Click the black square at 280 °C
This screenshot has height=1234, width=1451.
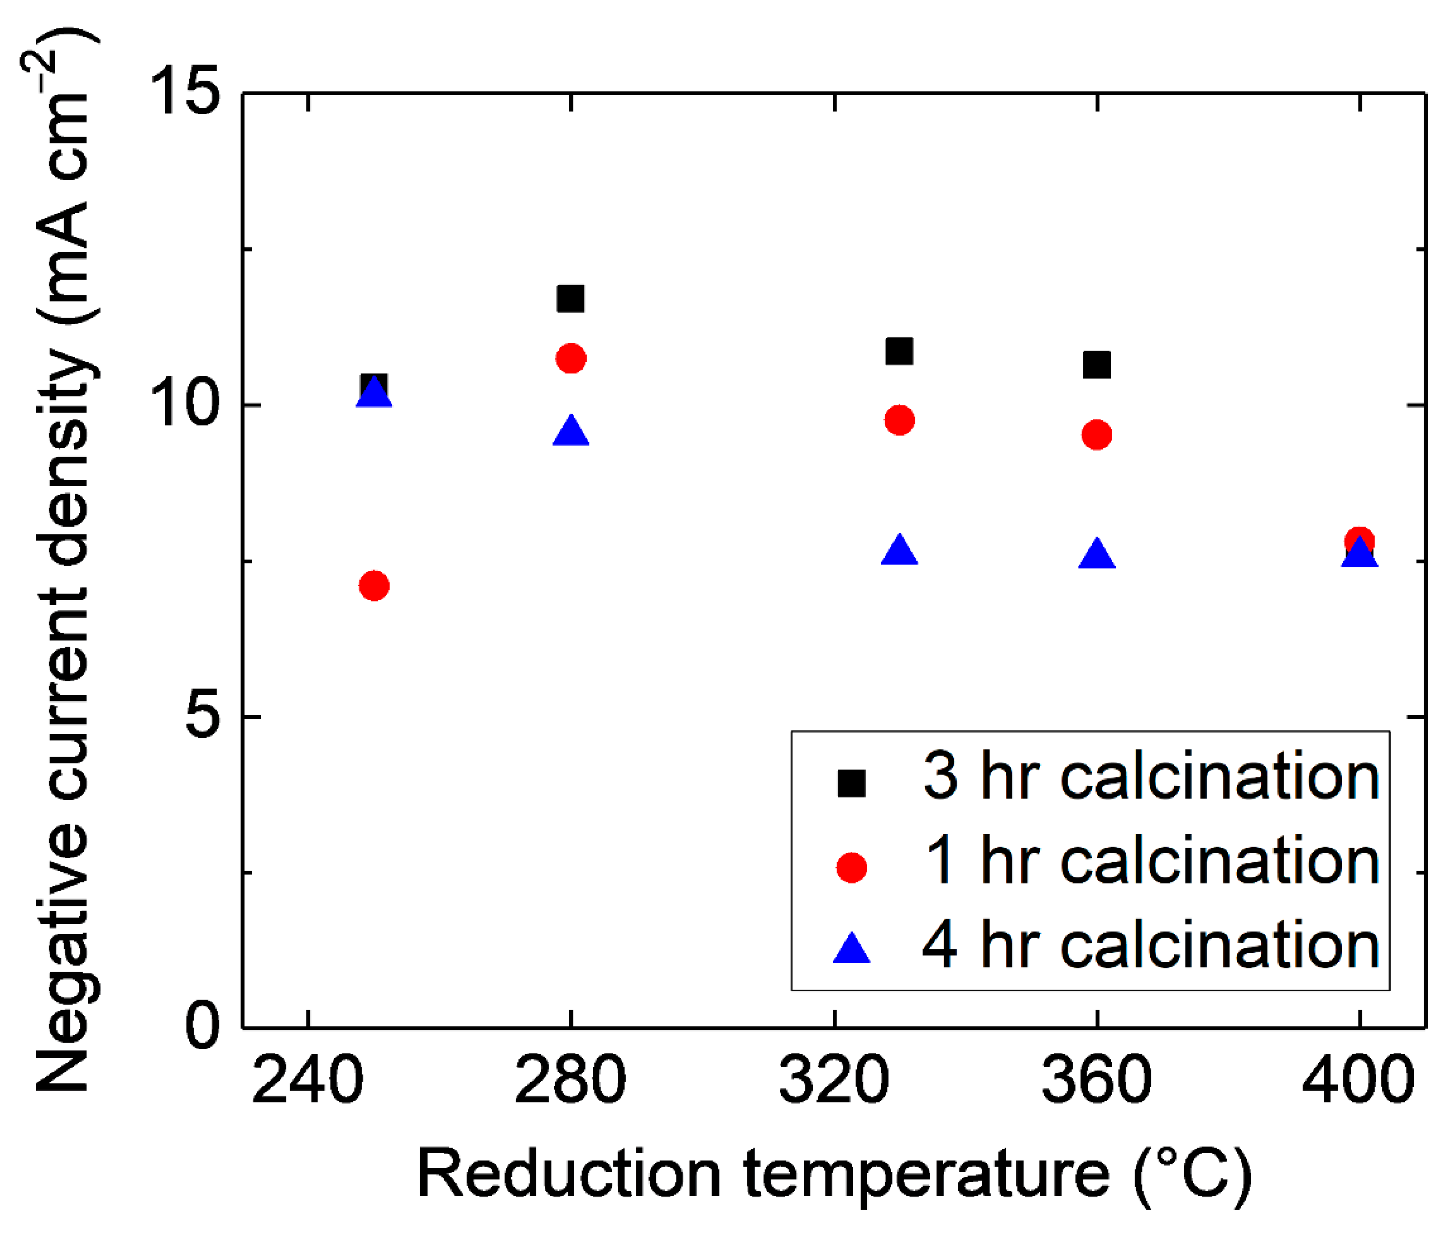point(570,299)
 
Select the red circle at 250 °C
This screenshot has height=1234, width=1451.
point(374,586)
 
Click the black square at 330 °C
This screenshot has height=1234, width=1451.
point(899,351)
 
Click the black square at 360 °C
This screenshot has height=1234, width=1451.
point(1096,365)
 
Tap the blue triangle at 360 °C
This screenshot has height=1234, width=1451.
point(1096,555)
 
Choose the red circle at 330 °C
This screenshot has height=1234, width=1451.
point(899,420)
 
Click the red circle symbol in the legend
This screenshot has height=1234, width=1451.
point(851,868)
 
